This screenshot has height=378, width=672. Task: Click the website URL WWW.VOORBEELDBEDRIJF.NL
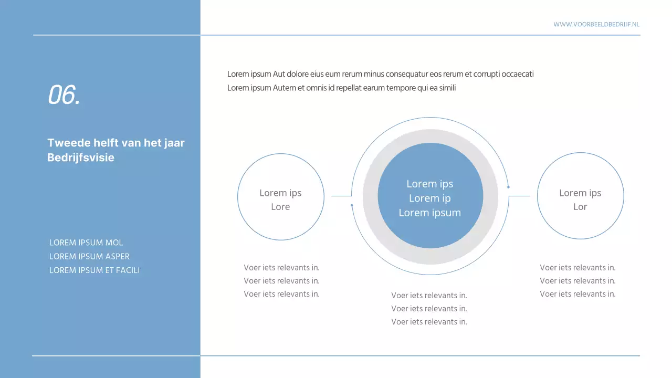(596, 24)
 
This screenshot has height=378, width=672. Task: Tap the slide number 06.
(64, 95)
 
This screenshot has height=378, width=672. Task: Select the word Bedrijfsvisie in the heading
(81, 157)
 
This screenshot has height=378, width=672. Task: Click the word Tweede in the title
(66, 143)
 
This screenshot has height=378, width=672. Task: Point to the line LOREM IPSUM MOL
(86, 243)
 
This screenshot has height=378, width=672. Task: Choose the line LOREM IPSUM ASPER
(89, 256)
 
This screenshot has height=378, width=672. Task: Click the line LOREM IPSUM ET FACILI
(94, 270)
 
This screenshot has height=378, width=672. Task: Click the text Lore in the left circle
(280, 207)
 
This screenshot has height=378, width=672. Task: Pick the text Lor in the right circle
(580, 207)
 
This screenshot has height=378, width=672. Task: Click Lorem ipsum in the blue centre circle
(429, 213)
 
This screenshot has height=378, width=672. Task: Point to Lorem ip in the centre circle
(429, 198)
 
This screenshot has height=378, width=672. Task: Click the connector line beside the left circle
(341, 196)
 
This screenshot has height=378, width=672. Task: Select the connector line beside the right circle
(519, 196)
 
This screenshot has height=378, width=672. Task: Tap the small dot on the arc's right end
(508, 187)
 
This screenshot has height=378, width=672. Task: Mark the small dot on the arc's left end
(352, 205)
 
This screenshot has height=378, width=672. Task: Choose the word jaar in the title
(174, 143)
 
